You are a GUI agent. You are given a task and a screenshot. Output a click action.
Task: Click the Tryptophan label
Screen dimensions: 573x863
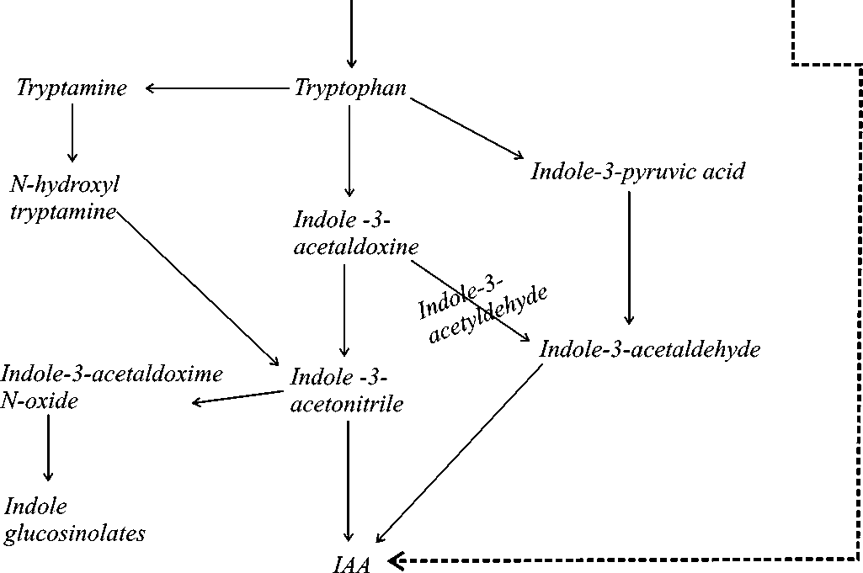pos(350,88)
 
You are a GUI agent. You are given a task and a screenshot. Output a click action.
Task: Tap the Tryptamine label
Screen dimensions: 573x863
pos(72,88)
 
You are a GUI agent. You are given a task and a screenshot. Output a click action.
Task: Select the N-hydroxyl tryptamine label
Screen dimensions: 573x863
pos(64,198)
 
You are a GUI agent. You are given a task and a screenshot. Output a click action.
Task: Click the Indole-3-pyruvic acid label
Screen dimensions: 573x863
pos(637,172)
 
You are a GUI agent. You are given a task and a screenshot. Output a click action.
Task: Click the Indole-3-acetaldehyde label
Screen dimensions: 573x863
pos(649,349)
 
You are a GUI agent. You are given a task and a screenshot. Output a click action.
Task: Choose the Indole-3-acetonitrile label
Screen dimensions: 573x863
pos(346,390)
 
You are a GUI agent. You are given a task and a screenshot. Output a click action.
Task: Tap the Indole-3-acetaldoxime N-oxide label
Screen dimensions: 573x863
pos(111,387)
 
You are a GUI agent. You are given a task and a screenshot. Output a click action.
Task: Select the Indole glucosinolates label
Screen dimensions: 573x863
pos(74,520)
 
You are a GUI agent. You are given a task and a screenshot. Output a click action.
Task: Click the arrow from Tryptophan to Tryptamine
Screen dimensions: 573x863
pos(216,88)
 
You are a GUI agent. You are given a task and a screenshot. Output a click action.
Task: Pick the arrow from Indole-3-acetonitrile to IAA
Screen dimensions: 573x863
pos(347,480)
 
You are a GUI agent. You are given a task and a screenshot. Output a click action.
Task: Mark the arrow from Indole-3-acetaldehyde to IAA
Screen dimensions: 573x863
pos(459,454)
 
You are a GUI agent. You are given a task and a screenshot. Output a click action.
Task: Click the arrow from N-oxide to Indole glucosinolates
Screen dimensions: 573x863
pos(48,448)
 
